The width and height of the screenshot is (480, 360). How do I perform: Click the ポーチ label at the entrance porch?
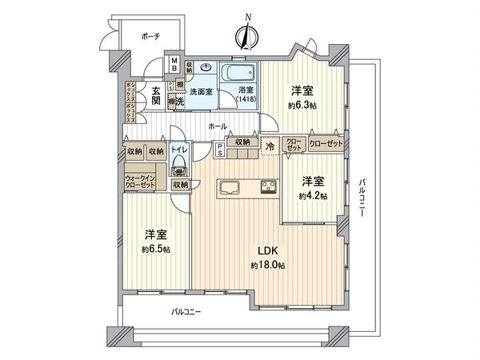pos(150,36)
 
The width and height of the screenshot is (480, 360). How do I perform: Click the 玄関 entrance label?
pos(158,95)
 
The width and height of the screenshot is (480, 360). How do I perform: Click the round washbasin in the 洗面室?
pos(207,69)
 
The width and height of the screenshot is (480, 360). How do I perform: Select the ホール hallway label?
pos(217,126)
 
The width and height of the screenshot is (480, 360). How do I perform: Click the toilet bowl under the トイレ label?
pos(180,170)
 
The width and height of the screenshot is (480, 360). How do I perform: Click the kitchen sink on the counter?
pos(226,189)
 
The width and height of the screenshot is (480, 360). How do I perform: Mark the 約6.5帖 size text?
pos(156,248)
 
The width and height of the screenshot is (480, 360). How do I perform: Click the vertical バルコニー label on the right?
pos(362,195)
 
